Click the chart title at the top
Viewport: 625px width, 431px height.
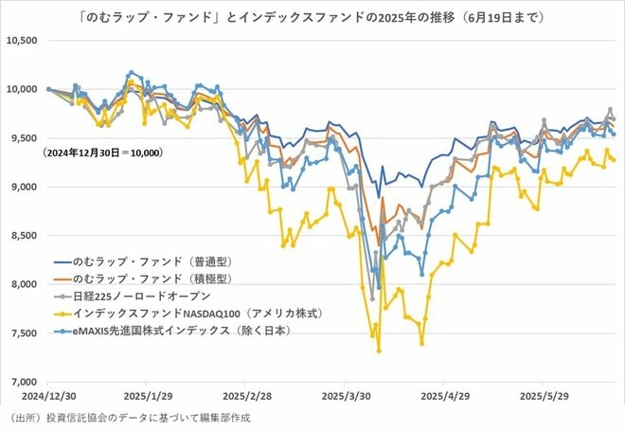click(x=312, y=16)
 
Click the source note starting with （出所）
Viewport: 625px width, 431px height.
click(x=133, y=418)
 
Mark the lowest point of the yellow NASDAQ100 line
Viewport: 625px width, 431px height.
click(x=379, y=350)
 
